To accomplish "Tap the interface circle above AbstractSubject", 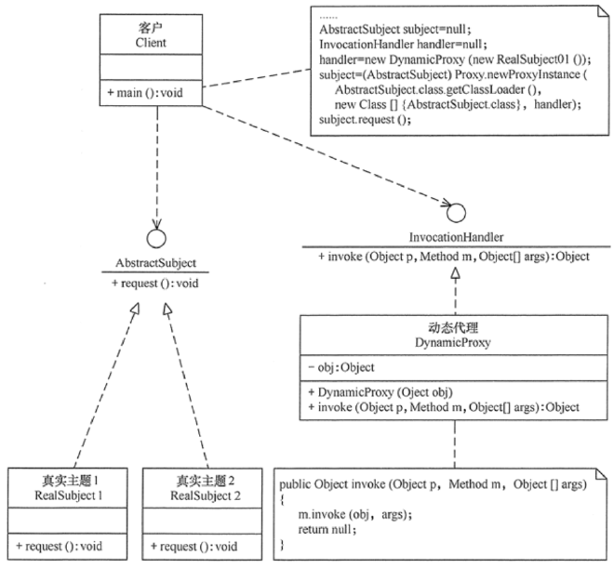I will coord(156,236).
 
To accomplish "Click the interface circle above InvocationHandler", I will coord(453,206).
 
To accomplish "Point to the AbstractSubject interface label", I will coord(155,262).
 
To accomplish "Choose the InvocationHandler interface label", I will coord(453,236).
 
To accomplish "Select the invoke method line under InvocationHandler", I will coord(453,256).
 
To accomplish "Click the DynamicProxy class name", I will coord(453,342).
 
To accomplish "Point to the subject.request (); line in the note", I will coord(365,119).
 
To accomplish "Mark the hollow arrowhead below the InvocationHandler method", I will coord(453,272).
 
